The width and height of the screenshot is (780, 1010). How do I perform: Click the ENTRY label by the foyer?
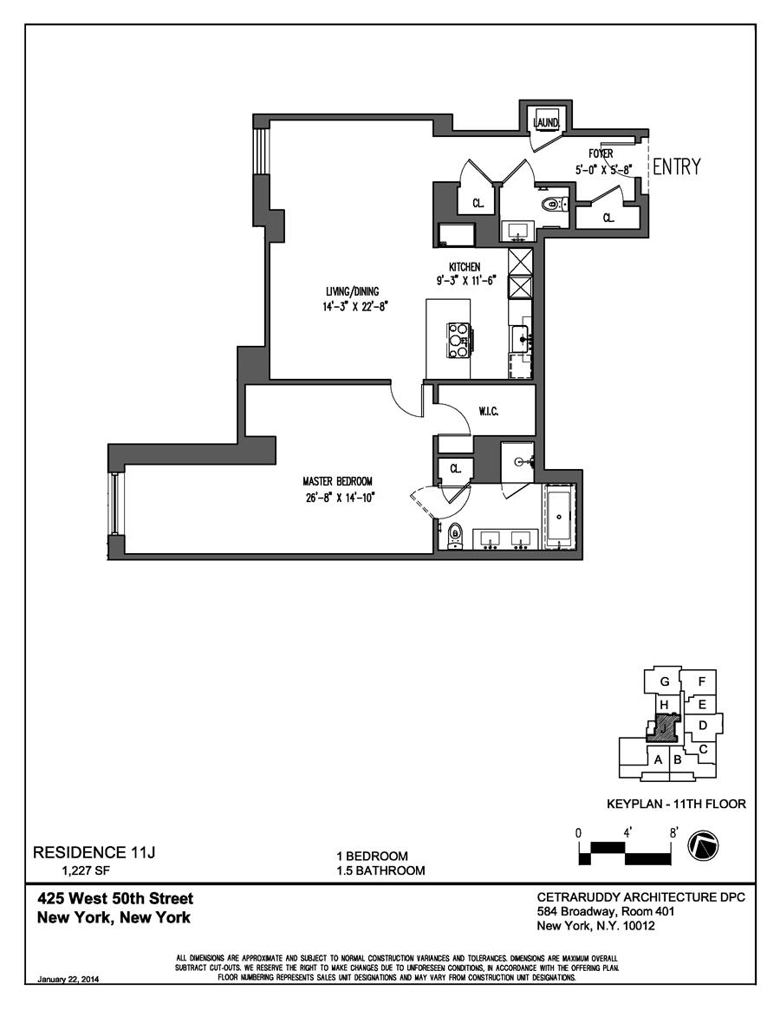676,167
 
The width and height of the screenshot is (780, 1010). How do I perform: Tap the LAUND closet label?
547,122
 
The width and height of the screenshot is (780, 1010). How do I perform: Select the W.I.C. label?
488,412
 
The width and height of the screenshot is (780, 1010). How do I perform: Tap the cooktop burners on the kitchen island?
458,340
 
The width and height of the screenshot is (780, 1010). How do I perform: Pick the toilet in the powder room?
552,205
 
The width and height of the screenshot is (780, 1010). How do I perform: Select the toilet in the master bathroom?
454,538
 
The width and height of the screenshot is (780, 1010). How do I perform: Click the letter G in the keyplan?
665,681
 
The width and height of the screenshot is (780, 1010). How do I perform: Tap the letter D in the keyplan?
704,724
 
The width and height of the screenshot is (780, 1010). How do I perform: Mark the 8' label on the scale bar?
673,831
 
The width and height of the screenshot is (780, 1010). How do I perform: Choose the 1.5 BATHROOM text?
381,870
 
